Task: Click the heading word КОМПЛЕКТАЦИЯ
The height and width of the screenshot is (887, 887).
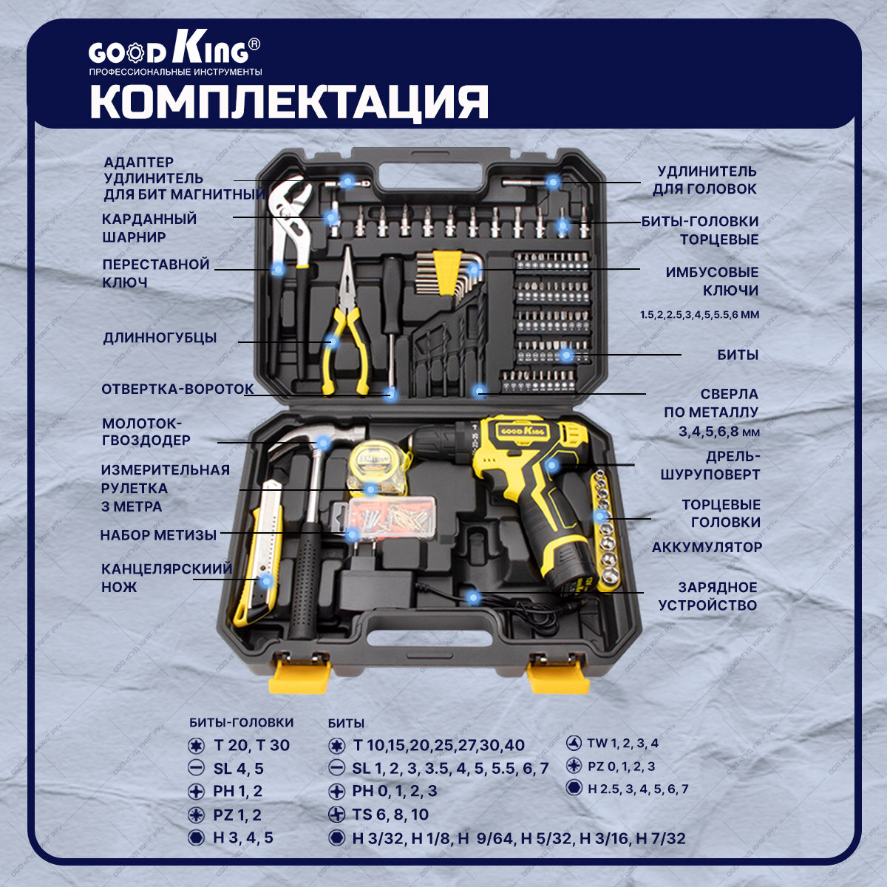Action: [x=289, y=102]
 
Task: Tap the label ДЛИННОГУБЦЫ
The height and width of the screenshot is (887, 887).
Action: [x=160, y=338]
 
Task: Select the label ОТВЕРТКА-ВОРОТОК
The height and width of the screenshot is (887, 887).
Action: [x=177, y=389]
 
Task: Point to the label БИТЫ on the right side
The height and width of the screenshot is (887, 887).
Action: [x=737, y=355]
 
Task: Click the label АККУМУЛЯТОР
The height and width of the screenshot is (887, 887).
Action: [x=706, y=548]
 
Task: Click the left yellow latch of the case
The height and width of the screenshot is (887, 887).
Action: [x=299, y=673]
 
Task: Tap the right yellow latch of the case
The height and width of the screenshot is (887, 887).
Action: [x=558, y=673]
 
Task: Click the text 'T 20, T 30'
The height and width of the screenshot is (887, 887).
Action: [x=251, y=745]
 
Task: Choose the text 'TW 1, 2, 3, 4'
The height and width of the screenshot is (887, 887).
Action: [x=622, y=744]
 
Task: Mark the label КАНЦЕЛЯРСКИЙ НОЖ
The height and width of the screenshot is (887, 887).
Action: [x=166, y=577]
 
